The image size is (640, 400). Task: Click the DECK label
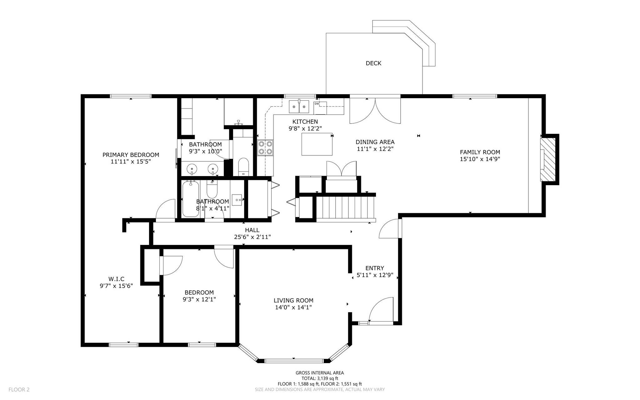373,63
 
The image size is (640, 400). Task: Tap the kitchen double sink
299,106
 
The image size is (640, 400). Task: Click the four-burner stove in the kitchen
265,148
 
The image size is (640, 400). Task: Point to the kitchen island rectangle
317,144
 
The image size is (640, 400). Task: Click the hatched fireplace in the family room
548,159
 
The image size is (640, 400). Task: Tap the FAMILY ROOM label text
480,152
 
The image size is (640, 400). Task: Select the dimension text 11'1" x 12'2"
375,149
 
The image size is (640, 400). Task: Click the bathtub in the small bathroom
191,199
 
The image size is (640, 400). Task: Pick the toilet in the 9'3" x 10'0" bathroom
243,167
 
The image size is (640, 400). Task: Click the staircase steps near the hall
345,207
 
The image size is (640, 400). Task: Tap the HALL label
252,230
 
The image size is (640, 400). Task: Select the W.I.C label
116,279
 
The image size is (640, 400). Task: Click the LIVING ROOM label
293,301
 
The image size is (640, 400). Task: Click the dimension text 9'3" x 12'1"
199,299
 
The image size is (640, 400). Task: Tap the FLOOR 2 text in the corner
19,390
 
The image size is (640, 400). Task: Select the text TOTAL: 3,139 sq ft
320,378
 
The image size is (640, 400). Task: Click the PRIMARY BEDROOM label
131,155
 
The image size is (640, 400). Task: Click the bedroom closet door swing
171,266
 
